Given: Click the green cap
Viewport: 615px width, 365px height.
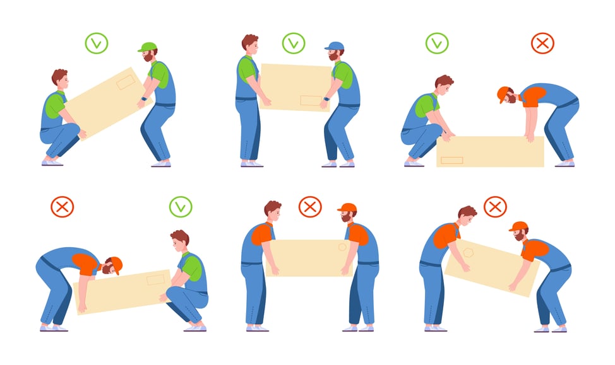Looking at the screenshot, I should click(147, 47).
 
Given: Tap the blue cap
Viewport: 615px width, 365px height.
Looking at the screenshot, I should click(334, 46).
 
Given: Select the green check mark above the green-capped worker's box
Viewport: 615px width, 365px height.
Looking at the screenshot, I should click(97, 43).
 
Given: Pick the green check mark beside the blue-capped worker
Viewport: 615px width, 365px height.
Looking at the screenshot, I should click(294, 43).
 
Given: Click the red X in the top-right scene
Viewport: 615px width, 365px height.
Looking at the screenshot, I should click(542, 43).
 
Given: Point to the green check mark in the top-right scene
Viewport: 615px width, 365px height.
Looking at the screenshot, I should click(436, 43).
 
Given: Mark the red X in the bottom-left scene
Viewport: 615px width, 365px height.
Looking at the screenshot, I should click(62, 206).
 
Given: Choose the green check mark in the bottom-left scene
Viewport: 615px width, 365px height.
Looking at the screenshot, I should click(180, 206).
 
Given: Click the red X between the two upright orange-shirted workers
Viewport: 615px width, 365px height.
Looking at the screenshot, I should click(309, 206).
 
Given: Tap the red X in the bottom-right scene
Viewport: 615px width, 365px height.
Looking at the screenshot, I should click(495, 206).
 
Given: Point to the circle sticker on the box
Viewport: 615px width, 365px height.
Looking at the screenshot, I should click(342, 247).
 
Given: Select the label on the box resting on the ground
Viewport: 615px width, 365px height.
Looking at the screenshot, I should click(451, 159).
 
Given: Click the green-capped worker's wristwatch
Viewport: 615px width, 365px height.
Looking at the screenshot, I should click(145, 98).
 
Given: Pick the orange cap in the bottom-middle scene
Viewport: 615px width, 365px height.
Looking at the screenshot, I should click(347, 207).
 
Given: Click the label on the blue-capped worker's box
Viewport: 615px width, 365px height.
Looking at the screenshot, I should click(311, 100).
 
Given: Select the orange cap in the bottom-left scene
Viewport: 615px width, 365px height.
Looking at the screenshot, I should click(116, 264).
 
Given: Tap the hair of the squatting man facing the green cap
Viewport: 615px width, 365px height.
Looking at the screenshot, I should click(59, 76).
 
